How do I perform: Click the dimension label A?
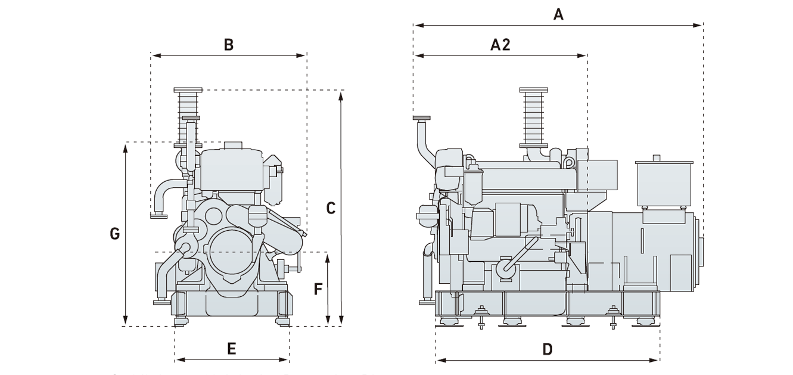558,14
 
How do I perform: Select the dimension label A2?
500,45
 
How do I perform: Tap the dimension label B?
228,45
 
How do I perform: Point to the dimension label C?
331,208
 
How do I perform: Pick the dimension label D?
548,349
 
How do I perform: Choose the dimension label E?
232,349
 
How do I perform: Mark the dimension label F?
318,289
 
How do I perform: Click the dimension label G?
115,234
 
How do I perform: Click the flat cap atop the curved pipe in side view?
421,118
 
